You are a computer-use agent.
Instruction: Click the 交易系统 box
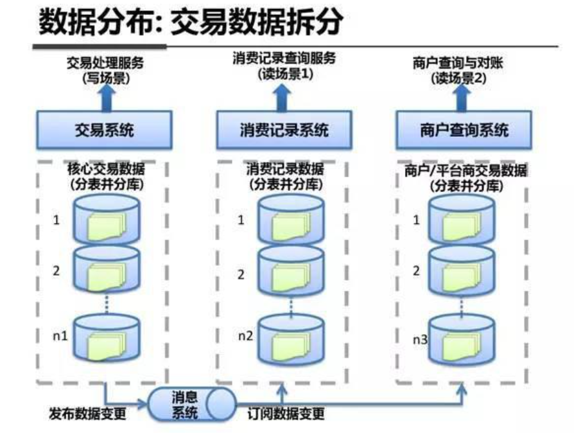[x=104, y=130]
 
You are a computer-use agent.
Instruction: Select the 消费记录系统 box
[x=284, y=130]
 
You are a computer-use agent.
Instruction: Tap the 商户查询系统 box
[x=464, y=130]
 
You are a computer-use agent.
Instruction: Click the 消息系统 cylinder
[x=192, y=405]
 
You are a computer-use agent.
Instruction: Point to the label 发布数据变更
[x=87, y=414]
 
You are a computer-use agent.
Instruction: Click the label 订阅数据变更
[x=286, y=414]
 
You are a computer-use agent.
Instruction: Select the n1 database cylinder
[x=107, y=338]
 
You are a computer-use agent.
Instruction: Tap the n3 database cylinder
[x=462, y=340]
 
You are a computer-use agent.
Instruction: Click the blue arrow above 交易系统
[x=107, y=98]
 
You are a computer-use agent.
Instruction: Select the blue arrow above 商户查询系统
[x=462, y=98]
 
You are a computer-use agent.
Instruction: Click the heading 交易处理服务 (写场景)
[x=105, y=70]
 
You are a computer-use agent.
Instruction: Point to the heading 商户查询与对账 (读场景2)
[x=458, y=70]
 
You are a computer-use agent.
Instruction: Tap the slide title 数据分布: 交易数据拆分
[x=191, y=22]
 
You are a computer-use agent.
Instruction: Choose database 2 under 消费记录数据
[x=291, y=272]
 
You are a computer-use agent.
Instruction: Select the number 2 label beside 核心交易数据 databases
[x=56, y=270]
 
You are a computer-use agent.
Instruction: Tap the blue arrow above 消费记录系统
[x=282, y=98]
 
